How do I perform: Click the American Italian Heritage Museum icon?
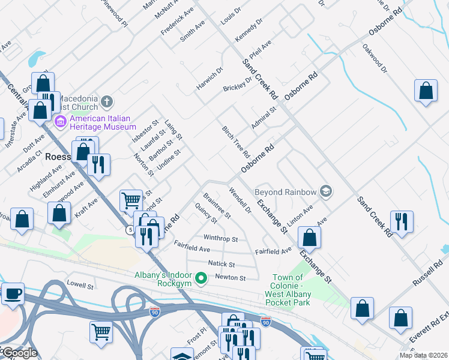(x=61, y=122)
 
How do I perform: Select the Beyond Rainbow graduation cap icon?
(x=326, y=191)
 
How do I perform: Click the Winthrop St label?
(x=220, y=238)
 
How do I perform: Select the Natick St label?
(x=221, y=264)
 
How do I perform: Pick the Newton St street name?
(x=231, y=278)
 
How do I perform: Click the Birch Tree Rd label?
(x=235, y=142)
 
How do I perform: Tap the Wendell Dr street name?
(x=240, y=200)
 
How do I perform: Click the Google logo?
(x=19, y=353)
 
